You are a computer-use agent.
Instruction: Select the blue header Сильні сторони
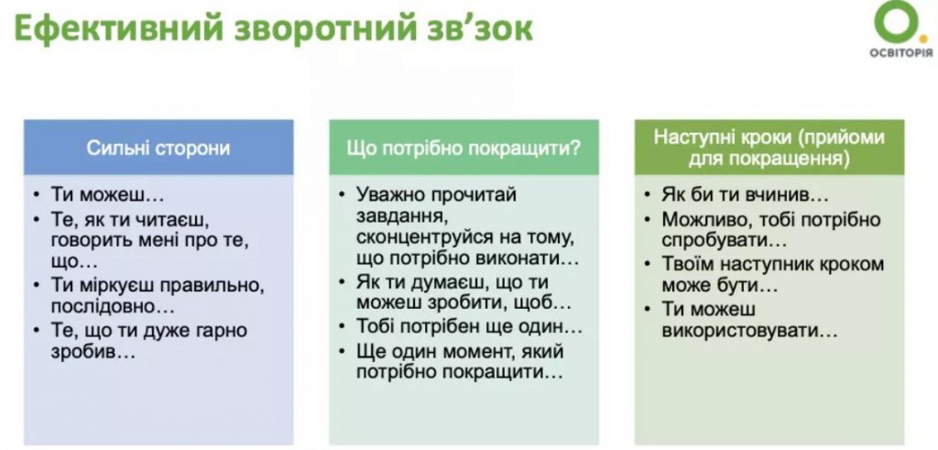(x=158, y=147)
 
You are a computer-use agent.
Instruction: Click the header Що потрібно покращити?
(x=464, y=147)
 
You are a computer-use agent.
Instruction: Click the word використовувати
(x=749, y=330)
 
